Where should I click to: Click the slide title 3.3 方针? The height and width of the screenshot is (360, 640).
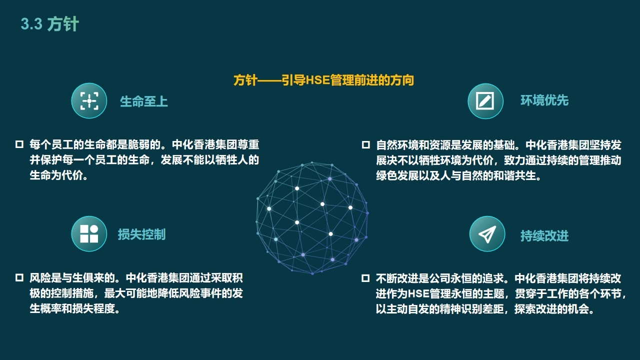[x=49, y=23]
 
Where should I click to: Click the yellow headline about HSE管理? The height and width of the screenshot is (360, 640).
[x=323, y=80]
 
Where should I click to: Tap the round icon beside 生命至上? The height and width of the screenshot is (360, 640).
[x=89, y=100]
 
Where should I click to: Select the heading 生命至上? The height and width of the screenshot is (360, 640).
[x=143, y=101]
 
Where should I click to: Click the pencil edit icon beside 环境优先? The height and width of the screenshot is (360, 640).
[x=485, y=101]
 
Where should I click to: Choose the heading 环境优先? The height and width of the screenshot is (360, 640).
[x=544, y=100]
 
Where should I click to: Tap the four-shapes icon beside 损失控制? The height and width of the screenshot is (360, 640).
[x=89, y=233]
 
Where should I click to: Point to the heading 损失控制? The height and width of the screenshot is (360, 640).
[x=141, y=234]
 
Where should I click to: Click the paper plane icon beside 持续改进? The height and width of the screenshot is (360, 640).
[x=487, y=233]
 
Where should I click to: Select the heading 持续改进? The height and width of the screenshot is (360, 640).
[x=544, y=236]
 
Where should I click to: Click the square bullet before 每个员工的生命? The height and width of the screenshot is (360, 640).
[x=19, y=144]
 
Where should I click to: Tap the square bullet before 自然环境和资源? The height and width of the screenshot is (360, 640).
[x=365, y=145]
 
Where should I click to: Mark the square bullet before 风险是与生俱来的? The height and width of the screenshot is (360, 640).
[x=19, y=277]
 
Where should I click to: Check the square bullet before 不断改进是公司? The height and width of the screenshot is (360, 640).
[x=365, y=278]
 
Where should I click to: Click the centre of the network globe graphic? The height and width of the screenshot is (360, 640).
[x=312, y=218]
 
